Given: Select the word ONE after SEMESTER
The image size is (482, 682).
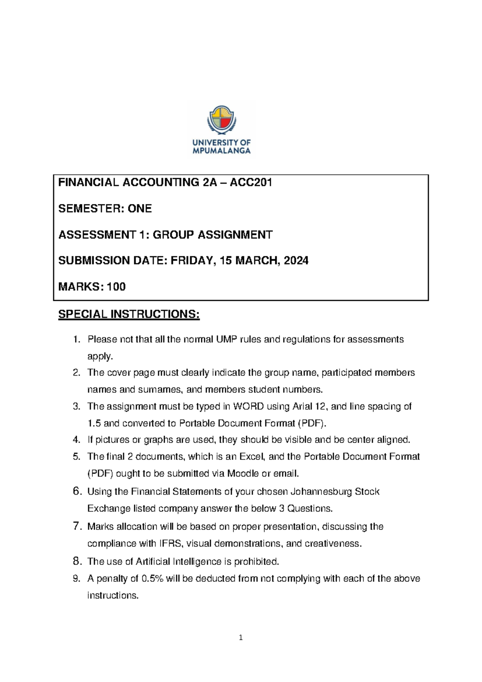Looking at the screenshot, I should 139,209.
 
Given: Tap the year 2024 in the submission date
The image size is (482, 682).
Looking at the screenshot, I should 296,261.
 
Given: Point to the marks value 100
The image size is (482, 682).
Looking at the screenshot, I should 116,287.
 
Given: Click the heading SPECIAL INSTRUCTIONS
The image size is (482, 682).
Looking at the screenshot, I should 129,314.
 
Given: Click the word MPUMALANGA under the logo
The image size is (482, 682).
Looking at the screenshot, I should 221,151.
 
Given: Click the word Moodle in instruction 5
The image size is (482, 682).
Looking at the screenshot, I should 243,474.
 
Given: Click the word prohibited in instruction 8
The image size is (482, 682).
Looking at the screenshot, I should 256,561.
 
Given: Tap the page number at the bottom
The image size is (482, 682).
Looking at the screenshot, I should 241,637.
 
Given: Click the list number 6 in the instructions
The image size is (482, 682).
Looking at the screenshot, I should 77,491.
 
